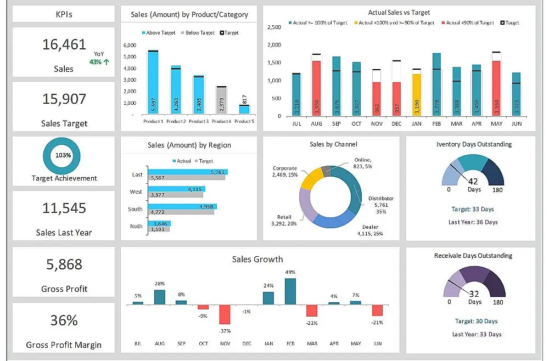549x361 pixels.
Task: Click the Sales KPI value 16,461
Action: pyautogui.click(x=64, y=45)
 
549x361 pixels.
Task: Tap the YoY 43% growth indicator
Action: pyautogui.click(x=99, y=58)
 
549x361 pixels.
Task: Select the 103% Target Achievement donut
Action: pyautogui.click(x=63, y=155)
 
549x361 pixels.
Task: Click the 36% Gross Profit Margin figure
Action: pyautogui.click(x=64, y=320)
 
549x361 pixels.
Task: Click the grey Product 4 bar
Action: pyautogui.click(x=221, y=100)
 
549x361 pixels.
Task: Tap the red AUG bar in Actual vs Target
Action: pyautogui.click(x=316, y=88)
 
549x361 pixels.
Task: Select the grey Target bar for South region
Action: pyautogui.click(x=181, y=211)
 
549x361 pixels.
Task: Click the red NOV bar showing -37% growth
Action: pyautogui.click(x=225, y=314)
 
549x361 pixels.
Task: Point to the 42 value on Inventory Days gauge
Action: pyautogui.click(x=473, y=182)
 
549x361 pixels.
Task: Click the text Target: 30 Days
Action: pyautogui.click(x=476, y=321)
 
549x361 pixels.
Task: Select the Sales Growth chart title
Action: pyautogui.click(x=257, y=260)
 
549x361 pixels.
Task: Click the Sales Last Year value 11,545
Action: pyautogui.click(x=64, y=208)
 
